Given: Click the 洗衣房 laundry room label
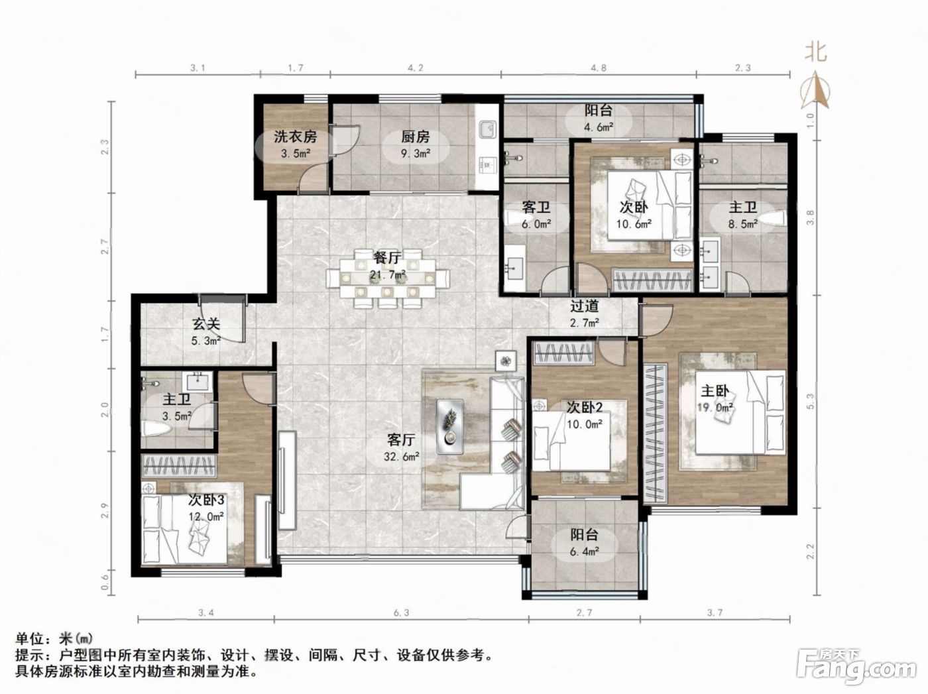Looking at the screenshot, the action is click(295, 137).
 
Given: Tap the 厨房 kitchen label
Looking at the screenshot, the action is click(415, 137).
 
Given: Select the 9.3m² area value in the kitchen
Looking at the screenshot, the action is click(415, 153).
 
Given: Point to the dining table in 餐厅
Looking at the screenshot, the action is click(388, 278).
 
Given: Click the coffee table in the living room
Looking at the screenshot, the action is click(450, 426).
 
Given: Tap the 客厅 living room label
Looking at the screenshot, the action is click(401, 440).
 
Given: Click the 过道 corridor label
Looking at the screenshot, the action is click(584, 306).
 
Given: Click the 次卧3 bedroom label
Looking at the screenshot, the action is click(206, 500).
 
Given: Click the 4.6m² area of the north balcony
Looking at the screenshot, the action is click(599, 127).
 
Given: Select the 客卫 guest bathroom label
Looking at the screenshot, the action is click(536, 207).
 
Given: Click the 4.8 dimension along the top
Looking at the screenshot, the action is click(599, 68).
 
